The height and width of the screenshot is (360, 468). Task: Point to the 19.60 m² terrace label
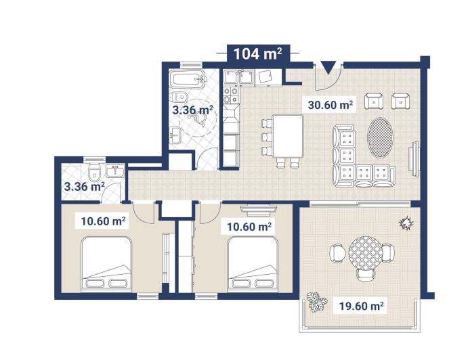pyautogui.click(x=361, y=307)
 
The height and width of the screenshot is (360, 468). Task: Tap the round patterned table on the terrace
pyautogui.click(x=366, y=253)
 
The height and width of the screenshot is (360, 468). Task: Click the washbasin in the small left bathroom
pyautogui.click(x=116, y=169)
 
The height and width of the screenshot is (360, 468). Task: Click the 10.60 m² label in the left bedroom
pyautogui.click(x=103, y=221)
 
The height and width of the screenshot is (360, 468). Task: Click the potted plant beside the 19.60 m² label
pyautogui.click(x=314, y=302)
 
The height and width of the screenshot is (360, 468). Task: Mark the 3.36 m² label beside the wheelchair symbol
pyautogui.click(x=192, y=109)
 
